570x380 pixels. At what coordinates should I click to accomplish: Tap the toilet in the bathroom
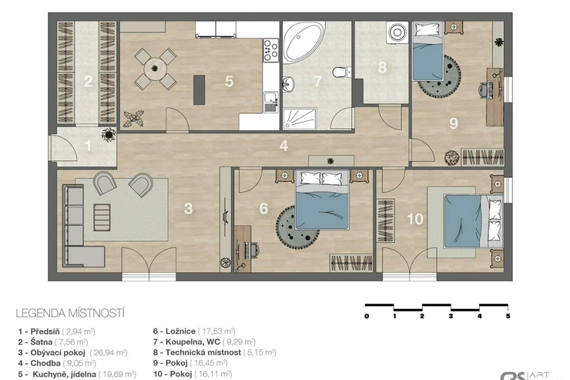click(341, 72)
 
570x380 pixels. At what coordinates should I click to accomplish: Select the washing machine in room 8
click(398, 32)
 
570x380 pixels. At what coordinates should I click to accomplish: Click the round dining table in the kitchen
click(156, 69)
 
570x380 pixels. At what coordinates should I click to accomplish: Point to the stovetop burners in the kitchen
click(271, 50)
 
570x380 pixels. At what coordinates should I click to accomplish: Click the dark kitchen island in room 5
click(199, 90)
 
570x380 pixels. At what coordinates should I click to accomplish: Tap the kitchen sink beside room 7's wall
click(271, 102)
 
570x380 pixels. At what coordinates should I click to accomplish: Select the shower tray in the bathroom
click(300, 119)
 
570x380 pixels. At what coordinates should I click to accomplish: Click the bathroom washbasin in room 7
click(288, 84)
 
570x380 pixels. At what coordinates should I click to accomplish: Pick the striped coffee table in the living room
click(102, 217)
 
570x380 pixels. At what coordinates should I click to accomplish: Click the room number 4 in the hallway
click(284, 146)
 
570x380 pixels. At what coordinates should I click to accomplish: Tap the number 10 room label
click(415, 219)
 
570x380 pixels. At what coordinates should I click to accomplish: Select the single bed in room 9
click(427, 51)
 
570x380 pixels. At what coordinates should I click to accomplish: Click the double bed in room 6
click(322, 200)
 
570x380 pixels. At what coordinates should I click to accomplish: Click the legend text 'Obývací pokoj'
click(58, 353)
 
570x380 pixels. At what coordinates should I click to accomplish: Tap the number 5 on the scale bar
click(508, 316)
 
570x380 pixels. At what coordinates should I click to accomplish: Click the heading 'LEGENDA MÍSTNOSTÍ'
click(70, 313)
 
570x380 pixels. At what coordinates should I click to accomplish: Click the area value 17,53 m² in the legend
click(216, 331)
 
